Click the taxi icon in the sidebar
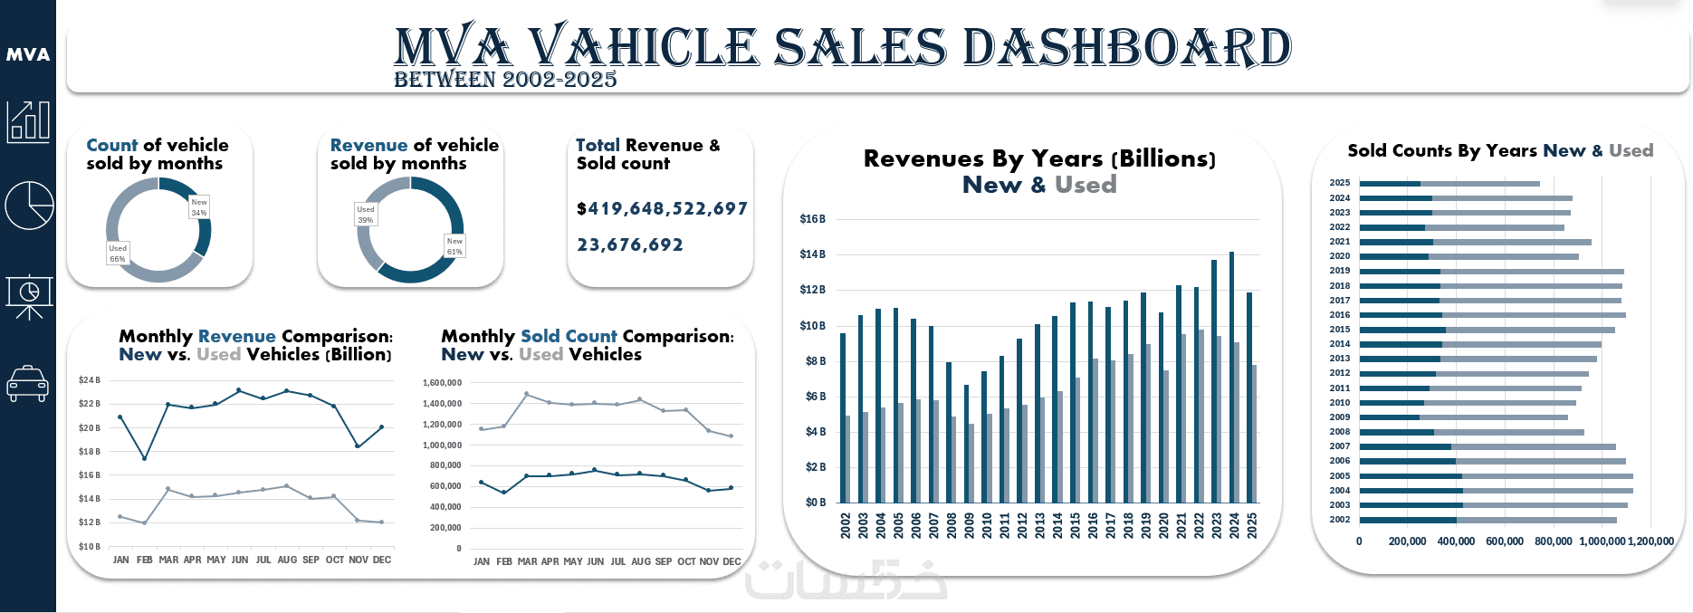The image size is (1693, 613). tap(27, 384)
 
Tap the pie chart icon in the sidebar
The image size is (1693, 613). tap(29, 205)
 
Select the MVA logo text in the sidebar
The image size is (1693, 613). tap(28, 54)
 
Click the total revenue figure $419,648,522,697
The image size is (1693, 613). tap(662, 209)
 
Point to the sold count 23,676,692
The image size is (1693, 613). tap(630, 245)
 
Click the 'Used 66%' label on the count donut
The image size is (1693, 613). tap(118, 254)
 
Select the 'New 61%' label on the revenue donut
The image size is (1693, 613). tap(454, 246)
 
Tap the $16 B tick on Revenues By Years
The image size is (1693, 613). tap(812, 219)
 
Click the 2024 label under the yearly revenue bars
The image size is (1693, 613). tap(1234, 526)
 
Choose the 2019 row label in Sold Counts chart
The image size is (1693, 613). tap(1340, 271)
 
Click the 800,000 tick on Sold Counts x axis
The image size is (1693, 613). tap(1554, 541)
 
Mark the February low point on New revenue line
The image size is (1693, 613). tap(145, 458)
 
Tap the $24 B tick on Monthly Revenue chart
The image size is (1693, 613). tap(90, 380)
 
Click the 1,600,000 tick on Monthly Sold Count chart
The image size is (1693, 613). tap(442, 383)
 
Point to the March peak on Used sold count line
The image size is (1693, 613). tap(527, 394)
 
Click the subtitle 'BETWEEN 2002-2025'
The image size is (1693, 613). tap(505, 80)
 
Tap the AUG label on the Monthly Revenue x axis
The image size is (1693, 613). tap(287, 560)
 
